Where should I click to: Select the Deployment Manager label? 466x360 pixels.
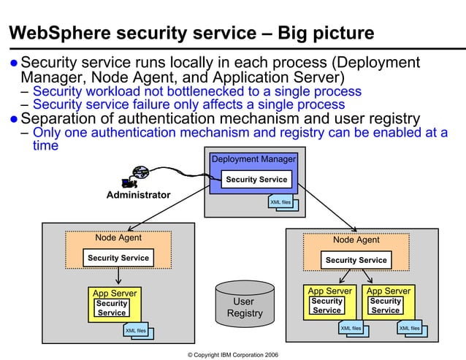253,159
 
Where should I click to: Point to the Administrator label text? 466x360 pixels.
138,195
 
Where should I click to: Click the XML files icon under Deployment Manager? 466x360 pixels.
282,202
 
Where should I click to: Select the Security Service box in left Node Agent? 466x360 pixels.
118,258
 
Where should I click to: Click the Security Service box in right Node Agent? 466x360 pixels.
356,260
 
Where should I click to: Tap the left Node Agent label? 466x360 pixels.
118,237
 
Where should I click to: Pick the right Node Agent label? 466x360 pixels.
356,240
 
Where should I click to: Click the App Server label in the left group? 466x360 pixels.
115,293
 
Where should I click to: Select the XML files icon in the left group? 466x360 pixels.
137,332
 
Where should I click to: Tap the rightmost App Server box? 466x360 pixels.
389,302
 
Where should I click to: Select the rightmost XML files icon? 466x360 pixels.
410,329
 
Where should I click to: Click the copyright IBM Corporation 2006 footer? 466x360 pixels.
232,354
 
